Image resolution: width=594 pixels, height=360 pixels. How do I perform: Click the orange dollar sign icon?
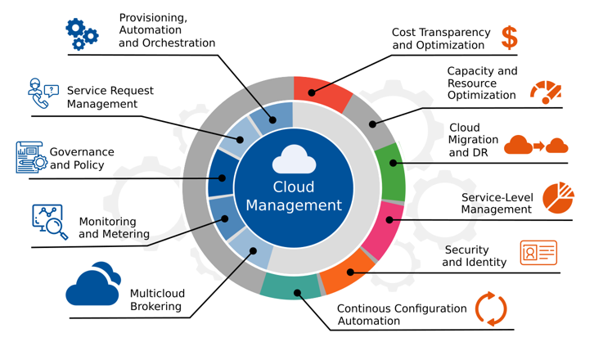tap(510, 37)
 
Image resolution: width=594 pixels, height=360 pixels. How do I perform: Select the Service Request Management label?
tap(110, 97)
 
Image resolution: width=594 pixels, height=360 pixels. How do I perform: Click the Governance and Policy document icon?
tap(30, 157)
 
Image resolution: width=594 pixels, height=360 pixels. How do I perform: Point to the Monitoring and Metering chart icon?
tap(50, 221)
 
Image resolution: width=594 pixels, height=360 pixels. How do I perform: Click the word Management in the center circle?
tap(294, 205)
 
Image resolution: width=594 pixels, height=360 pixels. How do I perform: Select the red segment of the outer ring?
tap(321, 92)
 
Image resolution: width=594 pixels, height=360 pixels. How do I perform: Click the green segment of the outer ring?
tap(392, 173)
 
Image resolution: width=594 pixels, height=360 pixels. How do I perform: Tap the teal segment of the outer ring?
tap(291, 286)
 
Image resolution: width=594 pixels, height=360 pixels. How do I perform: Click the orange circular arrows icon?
tap(491, 309)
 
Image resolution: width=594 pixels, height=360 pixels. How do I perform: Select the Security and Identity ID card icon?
tap(538, 253)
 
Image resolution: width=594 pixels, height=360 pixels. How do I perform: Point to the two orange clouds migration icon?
tap(536, 146)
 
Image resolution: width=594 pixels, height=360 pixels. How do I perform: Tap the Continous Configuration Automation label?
tap(402, 315)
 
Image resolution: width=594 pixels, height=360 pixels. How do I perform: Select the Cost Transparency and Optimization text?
tap(441, 38)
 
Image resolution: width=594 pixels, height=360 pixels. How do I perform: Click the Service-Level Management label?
tap(496, 204)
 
